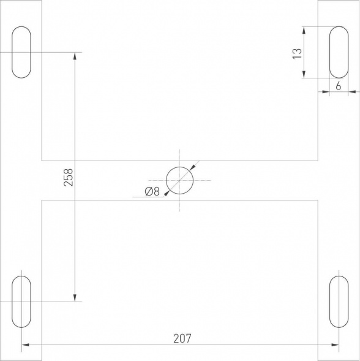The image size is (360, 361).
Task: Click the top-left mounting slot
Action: tap(21, 52)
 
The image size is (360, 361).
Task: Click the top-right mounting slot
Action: tap(339, 52)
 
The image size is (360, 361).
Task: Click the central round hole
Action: tap(179, 180)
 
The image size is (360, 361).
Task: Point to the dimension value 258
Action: tap(68, 177)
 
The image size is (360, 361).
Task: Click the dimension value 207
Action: tap(182, 338)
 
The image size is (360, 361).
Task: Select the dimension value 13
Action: tap(298, 53)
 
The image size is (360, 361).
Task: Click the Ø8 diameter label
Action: tap(152, 192)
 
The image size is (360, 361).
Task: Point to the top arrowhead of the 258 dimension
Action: tap(75, 56)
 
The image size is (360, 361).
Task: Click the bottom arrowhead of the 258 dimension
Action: tap(75, 298)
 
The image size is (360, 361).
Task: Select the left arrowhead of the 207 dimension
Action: tap(25, 346)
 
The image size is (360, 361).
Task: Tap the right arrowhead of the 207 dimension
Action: tap(336, 346)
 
